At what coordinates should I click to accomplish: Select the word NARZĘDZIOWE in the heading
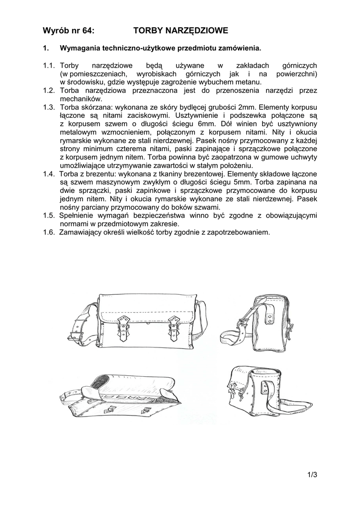pyautogui.click(x=197, y=31)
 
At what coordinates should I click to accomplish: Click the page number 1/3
pyautogui.click(x=312, y=475)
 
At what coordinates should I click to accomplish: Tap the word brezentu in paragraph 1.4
pyautogui.click(x=104, y=174)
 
